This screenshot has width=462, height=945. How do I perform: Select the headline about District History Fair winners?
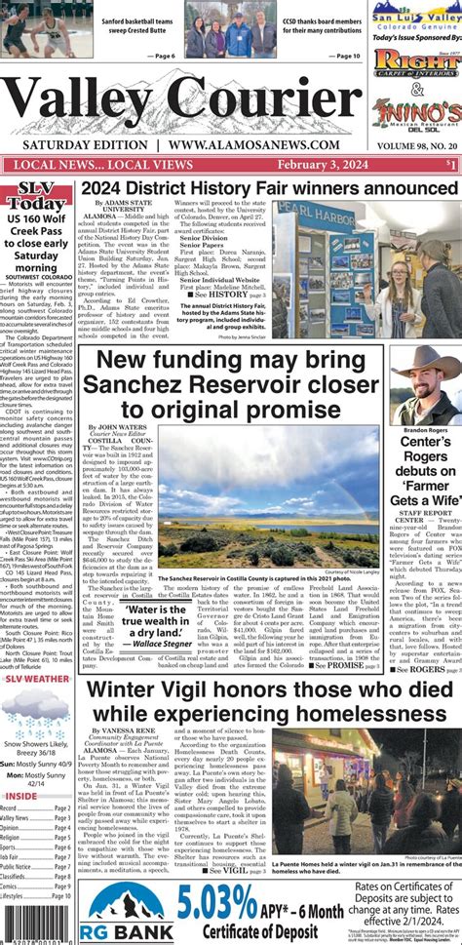coord(269,187)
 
